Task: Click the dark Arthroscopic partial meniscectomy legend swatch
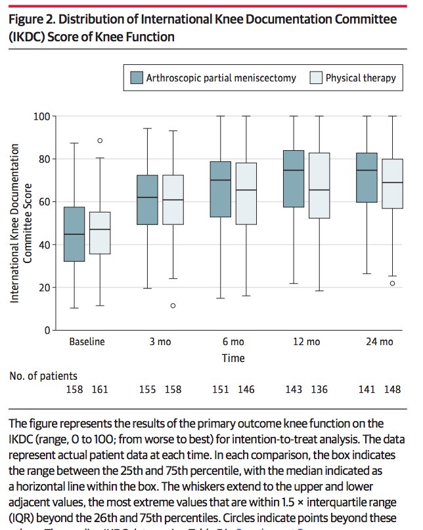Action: click(137, 77)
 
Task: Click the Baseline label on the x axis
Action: click(87, 342)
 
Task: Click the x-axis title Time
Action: click(233, 358)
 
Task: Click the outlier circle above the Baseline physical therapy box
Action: click(100, 140)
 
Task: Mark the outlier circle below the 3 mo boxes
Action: click(173, 306)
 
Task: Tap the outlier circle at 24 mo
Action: click(392, 283)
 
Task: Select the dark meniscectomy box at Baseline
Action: click(74, 234)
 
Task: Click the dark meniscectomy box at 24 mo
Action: click(367, 177)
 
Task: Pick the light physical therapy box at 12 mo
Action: click(319, 186)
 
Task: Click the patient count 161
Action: click(100, 390)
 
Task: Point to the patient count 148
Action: click(392, 390)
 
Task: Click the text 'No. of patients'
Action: click(43, 376)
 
